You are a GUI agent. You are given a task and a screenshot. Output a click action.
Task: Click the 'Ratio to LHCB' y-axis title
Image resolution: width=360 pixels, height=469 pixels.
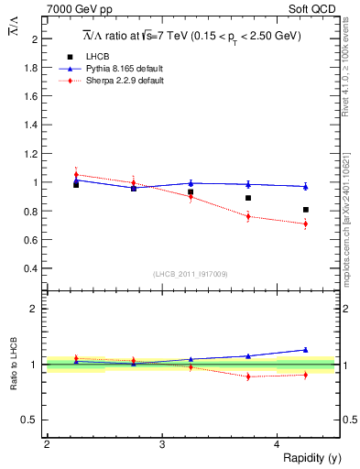coord(14,365)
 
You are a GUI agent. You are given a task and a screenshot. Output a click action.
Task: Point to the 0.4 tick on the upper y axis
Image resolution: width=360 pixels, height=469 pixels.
coord(33,268)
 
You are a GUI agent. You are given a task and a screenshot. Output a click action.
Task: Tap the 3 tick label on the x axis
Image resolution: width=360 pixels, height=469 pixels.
coord(162,443)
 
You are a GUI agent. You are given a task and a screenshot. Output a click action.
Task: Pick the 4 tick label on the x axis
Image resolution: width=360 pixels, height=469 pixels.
coord(277,443)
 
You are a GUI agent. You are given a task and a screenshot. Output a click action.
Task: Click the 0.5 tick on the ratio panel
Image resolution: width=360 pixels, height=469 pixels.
coord(33,420)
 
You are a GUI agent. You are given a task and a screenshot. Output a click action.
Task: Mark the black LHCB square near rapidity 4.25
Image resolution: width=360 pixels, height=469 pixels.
coord(306,210)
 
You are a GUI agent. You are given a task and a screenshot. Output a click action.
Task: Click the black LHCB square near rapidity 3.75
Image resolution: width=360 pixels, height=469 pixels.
coord(248,198)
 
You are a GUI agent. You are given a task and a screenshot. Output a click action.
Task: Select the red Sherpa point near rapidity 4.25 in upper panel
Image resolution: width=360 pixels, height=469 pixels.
coord(306,224)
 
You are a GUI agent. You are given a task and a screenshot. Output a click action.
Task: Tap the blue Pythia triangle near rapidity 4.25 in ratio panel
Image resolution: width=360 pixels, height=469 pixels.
coord(306,350)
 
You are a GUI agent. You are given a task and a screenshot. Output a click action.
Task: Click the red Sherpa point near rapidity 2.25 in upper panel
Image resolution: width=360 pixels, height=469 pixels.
coord(76,174)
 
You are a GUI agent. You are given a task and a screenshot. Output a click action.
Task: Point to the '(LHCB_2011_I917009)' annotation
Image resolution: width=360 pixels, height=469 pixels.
coord(191,273)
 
